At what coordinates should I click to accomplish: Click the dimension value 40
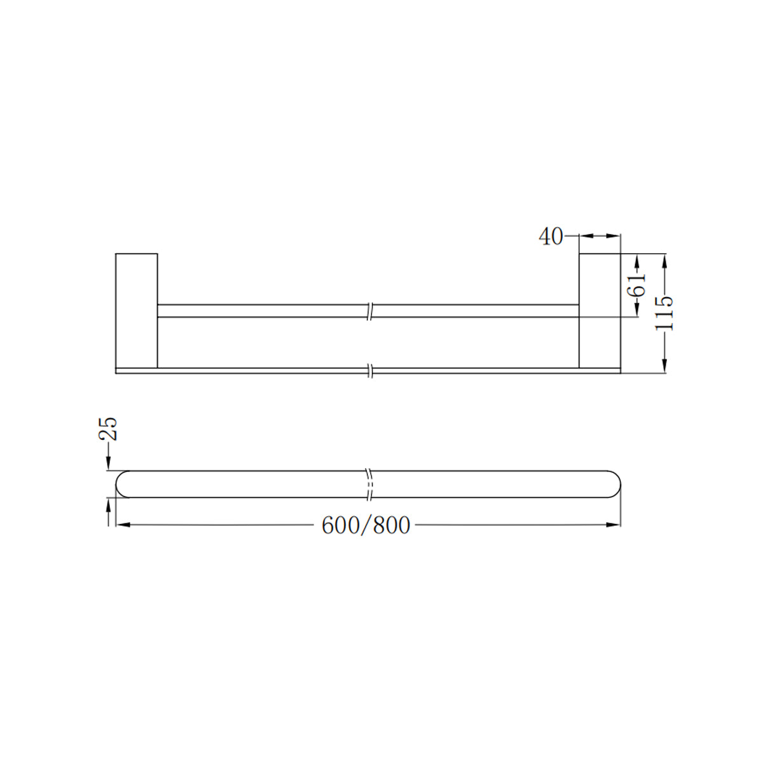[551, 237]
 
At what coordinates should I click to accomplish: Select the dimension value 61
[636, 284]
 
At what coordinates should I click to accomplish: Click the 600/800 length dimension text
[366, 526]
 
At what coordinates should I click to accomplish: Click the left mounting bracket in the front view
[136, 310]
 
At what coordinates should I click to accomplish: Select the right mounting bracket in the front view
[599, 310]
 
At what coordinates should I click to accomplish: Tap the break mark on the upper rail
[370, 311]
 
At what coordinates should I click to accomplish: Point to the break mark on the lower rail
[370, 370]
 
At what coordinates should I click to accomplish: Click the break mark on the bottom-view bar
[369, 484]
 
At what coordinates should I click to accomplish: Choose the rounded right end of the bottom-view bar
[614, 484]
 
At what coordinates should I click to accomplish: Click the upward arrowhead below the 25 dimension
[109, 504]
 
